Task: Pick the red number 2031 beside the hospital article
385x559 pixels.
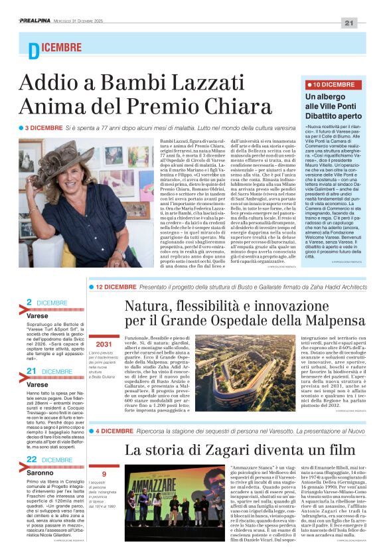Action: coord(104,345)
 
